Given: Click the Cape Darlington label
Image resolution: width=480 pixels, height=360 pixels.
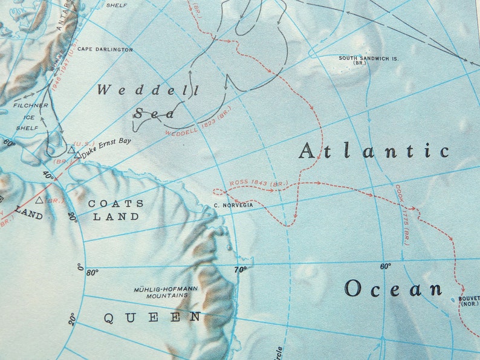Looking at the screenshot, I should (105, 50).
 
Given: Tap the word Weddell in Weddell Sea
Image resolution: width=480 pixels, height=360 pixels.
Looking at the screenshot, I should (148, 91).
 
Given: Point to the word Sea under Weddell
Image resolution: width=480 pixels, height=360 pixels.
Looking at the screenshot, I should (155, 113).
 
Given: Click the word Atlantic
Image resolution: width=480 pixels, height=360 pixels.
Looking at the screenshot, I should (374, 151).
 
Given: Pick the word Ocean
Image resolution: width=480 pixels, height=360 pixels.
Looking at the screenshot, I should (393, 289).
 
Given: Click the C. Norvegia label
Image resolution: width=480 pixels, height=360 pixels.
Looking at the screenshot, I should (233, 205).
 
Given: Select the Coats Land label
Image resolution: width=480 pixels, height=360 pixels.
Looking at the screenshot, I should (116, 210).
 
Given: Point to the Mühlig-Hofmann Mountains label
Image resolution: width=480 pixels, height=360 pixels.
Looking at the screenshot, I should (166, 293).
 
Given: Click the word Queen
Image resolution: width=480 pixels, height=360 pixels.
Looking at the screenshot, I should (152, 318).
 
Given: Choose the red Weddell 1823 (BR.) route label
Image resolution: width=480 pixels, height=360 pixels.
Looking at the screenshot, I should (198, 121).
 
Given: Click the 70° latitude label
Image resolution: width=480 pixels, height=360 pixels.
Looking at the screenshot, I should (241, 269).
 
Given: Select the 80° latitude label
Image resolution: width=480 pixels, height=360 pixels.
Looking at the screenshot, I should (92, 272).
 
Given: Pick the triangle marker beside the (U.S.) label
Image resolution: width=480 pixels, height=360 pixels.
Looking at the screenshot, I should (72, 150).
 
